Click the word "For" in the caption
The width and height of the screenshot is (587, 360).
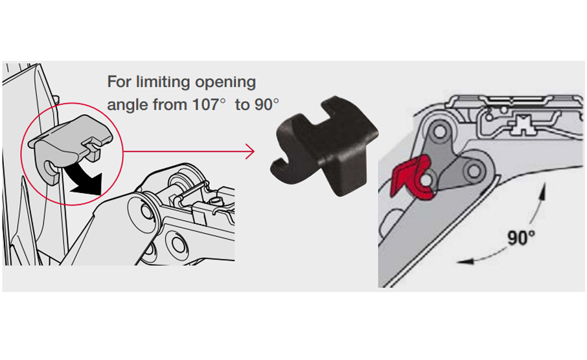click(119, 82)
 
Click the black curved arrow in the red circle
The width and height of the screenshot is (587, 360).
click(84, 179)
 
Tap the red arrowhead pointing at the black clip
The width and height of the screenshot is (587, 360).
click(250, 151)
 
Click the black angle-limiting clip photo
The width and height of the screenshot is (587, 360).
click(325, 146)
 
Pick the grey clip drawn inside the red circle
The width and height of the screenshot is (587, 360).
click(69, 146)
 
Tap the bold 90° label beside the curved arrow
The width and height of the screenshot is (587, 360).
click(521, 237)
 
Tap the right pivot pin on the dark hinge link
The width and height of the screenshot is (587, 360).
click(474, 172)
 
